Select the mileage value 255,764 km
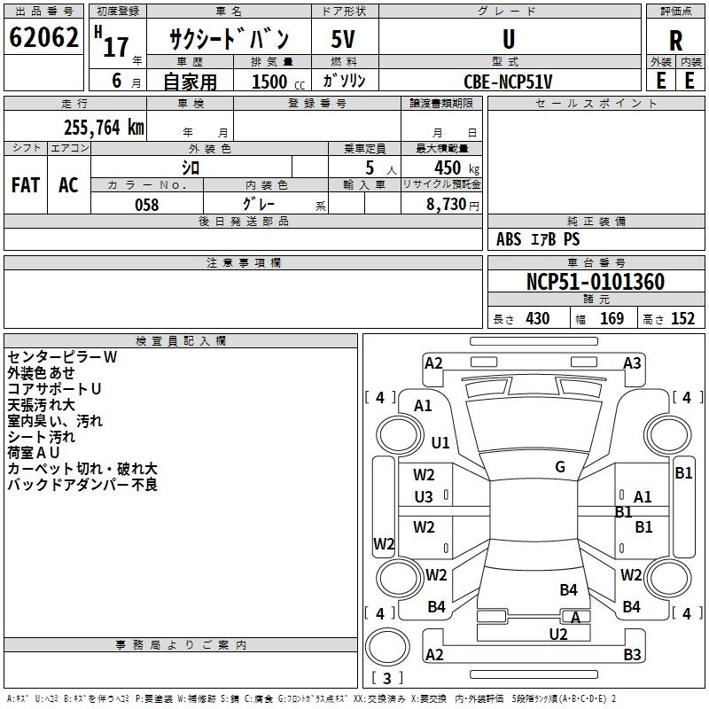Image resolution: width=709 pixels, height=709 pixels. (104, 128)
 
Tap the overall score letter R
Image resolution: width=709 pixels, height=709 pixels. (675, 41)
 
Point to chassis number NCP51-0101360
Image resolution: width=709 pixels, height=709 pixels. (595, 282)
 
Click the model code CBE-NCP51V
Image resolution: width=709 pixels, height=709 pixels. (508, 81)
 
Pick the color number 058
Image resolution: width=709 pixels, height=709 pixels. (146, 205)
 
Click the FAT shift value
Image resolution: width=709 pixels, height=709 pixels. (25, 185)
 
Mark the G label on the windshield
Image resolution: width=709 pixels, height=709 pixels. (560, 467)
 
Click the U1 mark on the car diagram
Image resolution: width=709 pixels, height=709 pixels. (440, 442)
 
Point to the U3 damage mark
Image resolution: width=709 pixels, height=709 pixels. (425, 497)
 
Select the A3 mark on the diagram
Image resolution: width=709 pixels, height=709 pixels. (632, 362)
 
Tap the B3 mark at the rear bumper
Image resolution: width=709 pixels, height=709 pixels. (632, 655)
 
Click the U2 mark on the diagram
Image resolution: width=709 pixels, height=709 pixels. (558, 634)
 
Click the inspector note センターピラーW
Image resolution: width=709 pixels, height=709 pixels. (62, 357)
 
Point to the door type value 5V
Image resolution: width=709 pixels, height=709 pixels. (345, 40)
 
